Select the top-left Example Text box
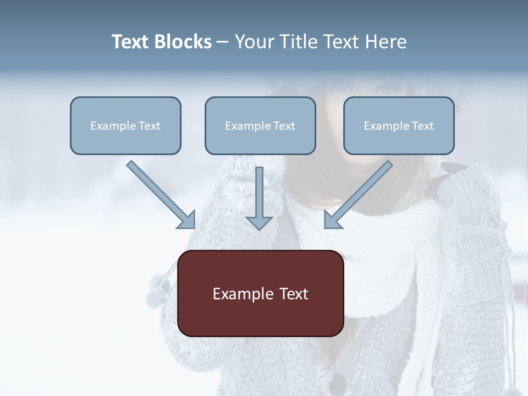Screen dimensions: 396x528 (x=125, y=125)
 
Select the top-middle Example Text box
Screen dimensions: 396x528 (x=260, y=125)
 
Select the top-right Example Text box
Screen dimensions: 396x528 (x=399, y=125)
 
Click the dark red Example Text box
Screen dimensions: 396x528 (x=260, y=293)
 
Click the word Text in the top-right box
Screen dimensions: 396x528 (x=422, y=126)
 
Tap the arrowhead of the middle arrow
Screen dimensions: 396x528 (x=259, y=222)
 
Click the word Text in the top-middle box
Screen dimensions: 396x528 (x=284, y=126)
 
